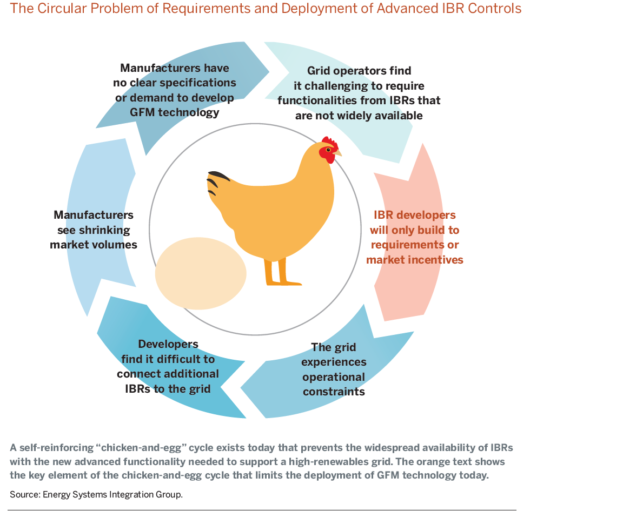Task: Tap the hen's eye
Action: coord(328,150)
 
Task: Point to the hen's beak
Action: coord(337,152)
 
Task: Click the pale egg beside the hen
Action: coord(201,273)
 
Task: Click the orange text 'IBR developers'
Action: coord(414,215)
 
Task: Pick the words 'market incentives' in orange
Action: coord(414,260)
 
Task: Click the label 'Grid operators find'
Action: coord(359,71)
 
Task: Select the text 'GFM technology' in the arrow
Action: coord(175,112)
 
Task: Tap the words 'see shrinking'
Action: coord(94,230)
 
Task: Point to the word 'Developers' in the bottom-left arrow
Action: coord(168,344)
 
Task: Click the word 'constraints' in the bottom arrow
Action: coord(334,392)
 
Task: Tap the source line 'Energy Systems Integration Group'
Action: coord(112,495)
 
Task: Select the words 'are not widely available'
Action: coord(359,116)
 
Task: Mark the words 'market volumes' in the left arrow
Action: coord(94,245)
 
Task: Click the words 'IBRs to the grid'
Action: coord(168,389)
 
